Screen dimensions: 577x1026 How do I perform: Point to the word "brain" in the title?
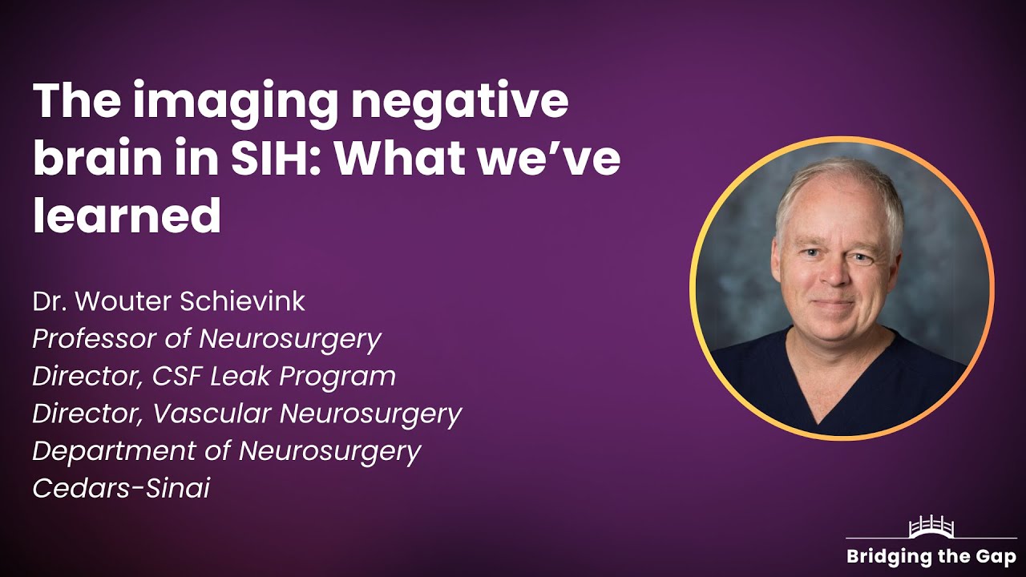pos(95,160)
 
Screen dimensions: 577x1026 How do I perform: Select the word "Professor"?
pos(95,339)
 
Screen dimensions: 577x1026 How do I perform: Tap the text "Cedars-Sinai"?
pos(121,488)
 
